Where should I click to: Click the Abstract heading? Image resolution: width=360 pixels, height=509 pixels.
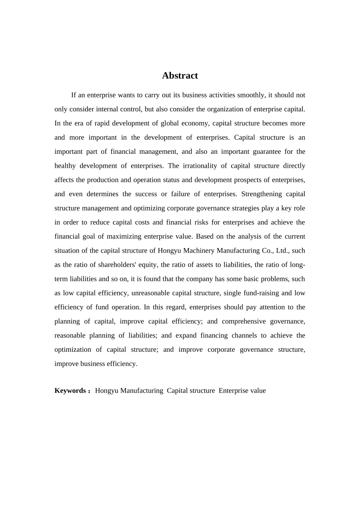tap(180, 76)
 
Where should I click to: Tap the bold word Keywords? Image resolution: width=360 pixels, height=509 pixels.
tap(70, 391)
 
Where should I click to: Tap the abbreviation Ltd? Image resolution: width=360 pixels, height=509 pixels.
tap(282, 251)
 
